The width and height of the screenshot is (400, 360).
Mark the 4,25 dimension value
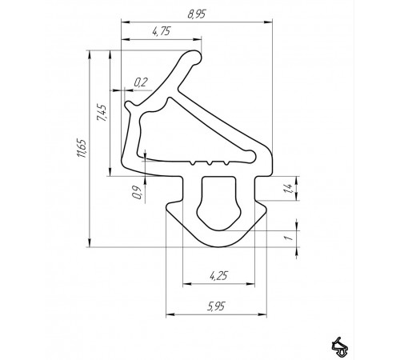click(x=217, y=275)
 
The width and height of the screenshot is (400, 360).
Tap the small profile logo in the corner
click(x=342, y=344)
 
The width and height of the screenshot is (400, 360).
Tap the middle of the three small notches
click(x=208, y=162)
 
